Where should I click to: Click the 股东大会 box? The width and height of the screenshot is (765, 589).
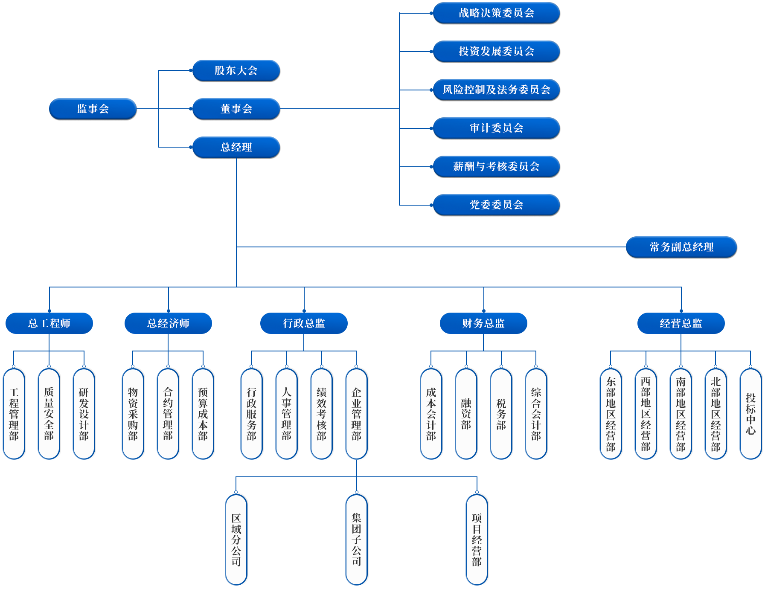coord(236,70)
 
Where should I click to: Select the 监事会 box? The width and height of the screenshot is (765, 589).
coord(93,109)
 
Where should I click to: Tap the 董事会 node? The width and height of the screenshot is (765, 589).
coord(236,109)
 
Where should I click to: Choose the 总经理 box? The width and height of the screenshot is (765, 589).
coord(236,147)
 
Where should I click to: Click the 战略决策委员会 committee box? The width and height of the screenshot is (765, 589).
coord(496,13)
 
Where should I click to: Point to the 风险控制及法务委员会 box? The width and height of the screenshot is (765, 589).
coord(496,90)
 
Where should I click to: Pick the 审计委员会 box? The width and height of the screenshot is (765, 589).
coord(496,128)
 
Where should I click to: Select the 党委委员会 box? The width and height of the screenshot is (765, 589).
coord(496,205)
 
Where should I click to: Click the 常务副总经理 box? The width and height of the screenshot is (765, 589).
coord(681,247)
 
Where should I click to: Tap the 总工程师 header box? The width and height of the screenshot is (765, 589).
coord(49,323)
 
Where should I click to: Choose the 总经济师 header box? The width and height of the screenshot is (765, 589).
coord(168,323)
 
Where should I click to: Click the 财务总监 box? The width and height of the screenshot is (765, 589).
coord(483,323)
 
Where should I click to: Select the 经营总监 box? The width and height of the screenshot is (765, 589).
coord(681,323)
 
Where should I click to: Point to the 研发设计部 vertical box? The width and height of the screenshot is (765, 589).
coord(84,414)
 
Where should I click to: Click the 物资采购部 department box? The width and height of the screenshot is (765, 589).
coord(133,414)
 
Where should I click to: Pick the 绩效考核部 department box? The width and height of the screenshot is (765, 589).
coord(321,414)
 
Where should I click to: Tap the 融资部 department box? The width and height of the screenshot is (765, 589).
coord(466,414)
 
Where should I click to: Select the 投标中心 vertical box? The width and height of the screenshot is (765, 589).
coord(750,414)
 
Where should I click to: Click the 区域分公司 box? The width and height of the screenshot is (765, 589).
coord(236,540)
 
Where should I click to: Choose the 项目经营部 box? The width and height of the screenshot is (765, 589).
coord(477,540)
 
